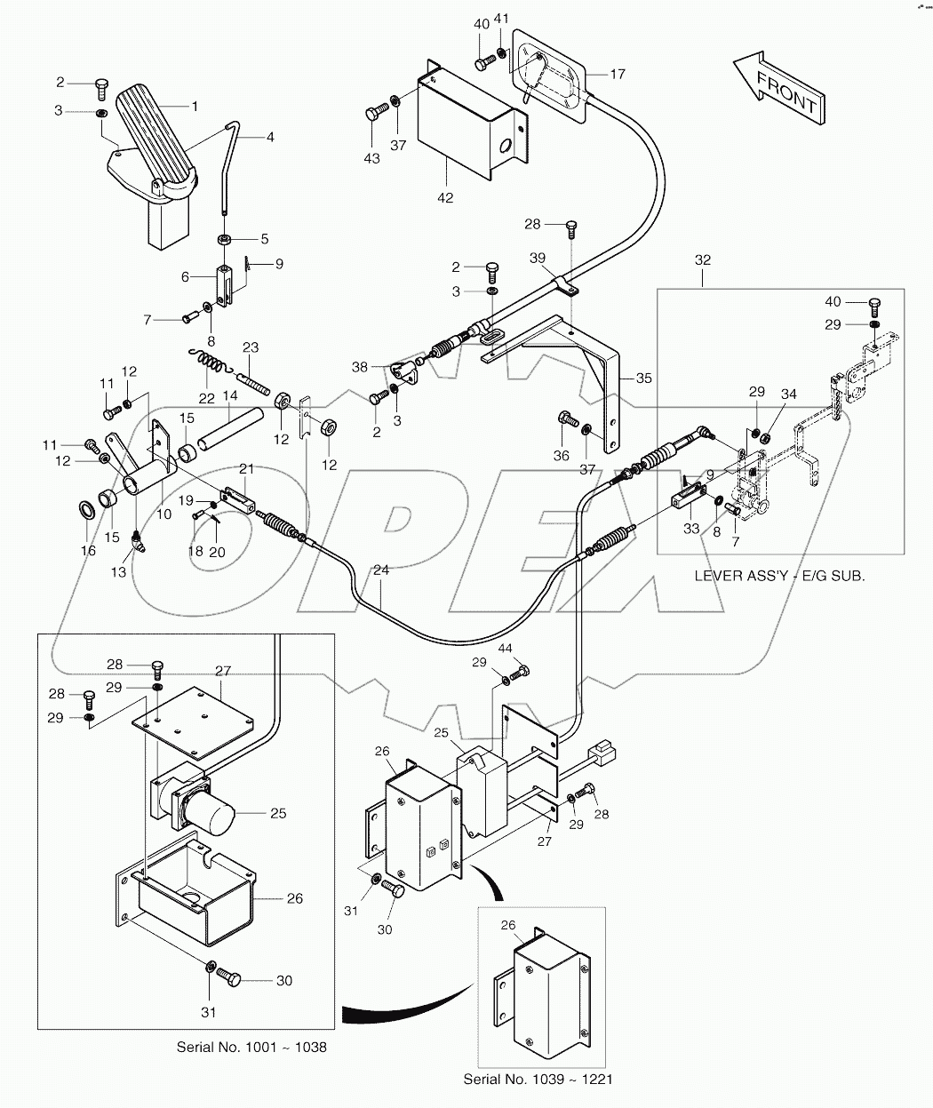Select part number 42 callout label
tap(444, 197)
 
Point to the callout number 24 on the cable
tap(380, 571)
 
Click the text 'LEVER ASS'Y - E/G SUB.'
tap(779, 576)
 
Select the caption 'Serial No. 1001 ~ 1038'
tap(251, 1047)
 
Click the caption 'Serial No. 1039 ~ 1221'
tap(538, 1080)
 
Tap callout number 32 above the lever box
tap(703, 260)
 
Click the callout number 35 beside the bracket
tap(644, 378)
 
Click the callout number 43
tap(371, 158)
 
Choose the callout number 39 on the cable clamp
tap(537, 257)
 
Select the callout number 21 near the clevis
tap(246, 468)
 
